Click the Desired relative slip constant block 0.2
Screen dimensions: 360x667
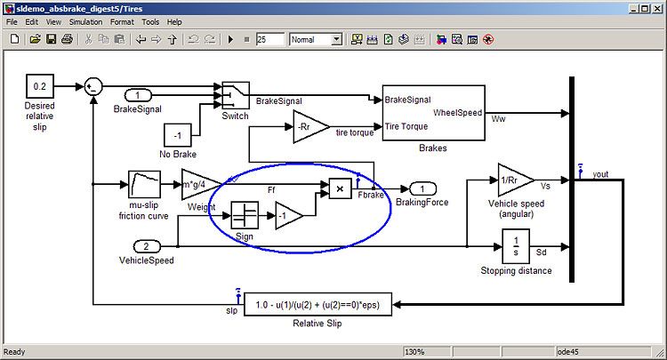pyautogui.click(x=39, y=86)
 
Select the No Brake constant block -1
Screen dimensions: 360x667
pyautogui.click(x=177, y=136)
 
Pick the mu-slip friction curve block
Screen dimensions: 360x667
pyautogui.click(x=143, y=185)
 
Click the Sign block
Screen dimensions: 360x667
pyautogui.click(x=245, y=215)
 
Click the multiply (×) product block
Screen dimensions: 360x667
pyautogui.click(x=340, y=188)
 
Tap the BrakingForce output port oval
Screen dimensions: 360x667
pyautogui.click(x=422, y=188)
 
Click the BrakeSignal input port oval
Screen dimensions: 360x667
pyautogui.click(x=138, y=95)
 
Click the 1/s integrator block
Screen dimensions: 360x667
pyautogui.click(x=515, y=244)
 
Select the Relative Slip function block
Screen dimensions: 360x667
pyautogui.click(x=317, y=305)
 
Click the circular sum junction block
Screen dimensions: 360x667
pyautogui.click(x=93, y=86)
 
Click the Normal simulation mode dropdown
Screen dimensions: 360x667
pyautogui.click(x=316, y=39)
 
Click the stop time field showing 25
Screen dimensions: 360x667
pyautogui.click(x=269, y=39)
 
